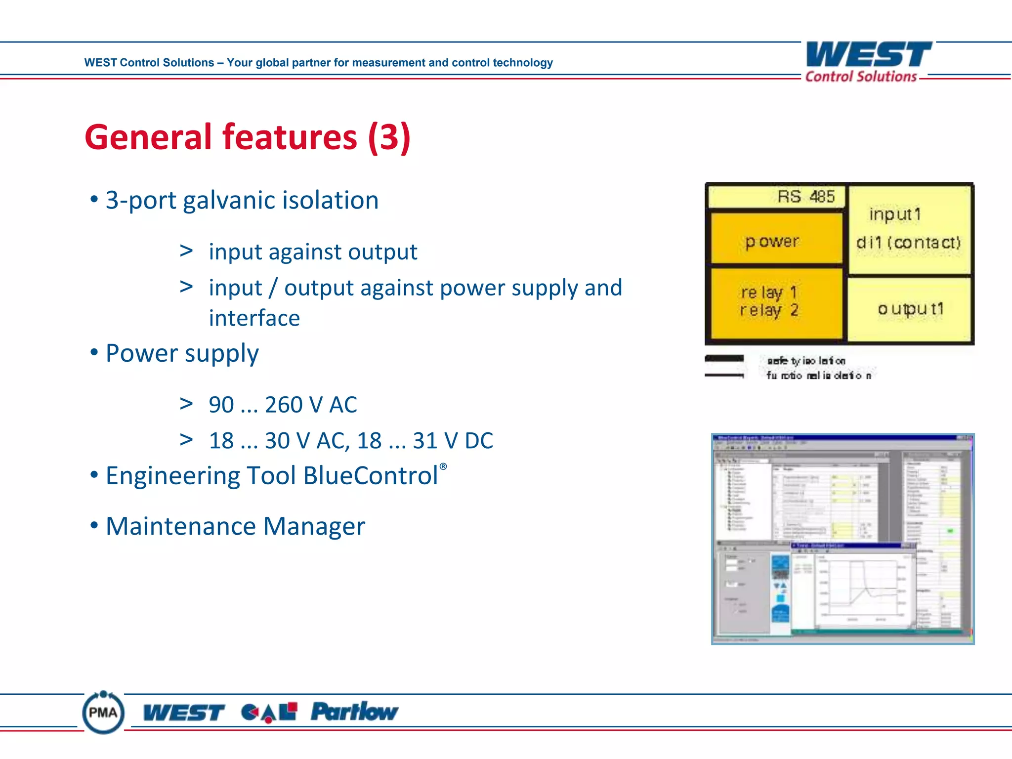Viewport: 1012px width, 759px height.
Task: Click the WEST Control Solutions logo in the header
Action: coord(868,61)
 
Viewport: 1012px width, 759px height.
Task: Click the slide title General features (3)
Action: coord(247,137)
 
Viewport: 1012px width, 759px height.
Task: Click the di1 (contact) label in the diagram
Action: coord(908,243)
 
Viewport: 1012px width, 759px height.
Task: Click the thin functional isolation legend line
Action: coord(724,376)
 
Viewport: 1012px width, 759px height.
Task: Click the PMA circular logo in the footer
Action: coord(103,713)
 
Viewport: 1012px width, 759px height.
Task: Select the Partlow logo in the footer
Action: coord(354,712)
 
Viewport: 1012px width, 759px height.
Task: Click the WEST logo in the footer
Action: coord(183,713)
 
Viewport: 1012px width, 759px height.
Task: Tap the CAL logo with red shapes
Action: coord(269,712)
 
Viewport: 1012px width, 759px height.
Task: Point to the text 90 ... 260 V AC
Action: coord(283,405)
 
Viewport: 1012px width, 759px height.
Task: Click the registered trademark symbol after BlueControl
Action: coord(443,466)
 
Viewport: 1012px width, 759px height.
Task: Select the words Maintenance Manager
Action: coord(235,526)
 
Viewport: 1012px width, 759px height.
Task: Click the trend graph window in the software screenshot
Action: coord(854,588)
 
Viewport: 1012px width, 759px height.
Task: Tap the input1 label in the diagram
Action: coord(895,214)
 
